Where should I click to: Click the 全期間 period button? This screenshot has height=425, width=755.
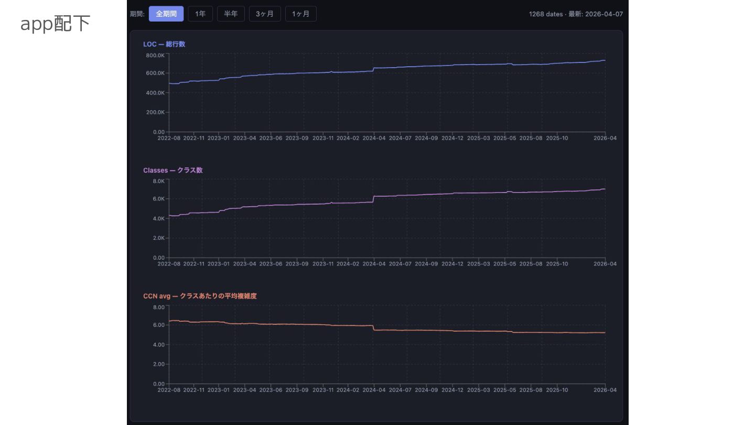pyautogui.click(x=166, y=14)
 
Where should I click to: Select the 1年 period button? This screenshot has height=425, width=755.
pyautogui.click(x=200, y=14)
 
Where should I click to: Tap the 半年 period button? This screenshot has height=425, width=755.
pyautogui.click(x=231, y=14)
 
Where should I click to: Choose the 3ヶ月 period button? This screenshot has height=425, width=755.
pyautogui.click(x=265, y=14)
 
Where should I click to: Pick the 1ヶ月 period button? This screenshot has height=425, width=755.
pyautogui.click(x=300, y=14)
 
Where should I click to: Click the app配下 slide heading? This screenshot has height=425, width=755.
pyautogui.click(x=55, y=24)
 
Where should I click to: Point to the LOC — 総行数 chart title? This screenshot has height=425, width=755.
pyautogui.click(x=164, y=44)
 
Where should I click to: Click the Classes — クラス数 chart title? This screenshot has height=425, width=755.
pyautogui.click(x=172, y=170)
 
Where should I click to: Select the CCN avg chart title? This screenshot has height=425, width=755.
pyautogui.click(x=200, y=296)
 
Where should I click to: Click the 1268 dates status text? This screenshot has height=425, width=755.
pyautogui.click(x=576, y=14)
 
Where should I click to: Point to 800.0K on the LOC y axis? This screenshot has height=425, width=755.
pyautogui.click(x=155, y=55)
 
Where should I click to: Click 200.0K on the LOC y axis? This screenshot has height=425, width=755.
pyautogui.click(x=155, y=112)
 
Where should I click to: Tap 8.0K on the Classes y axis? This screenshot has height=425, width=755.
pyautogui.click(x=158, y=181)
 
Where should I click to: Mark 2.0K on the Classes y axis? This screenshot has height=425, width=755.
pyautogui.click(x=158, y=238)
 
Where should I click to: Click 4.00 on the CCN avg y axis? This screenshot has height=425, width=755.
pyautogui.click(x=158, y=345)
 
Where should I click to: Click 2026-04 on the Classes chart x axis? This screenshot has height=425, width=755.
pyautogui.click(x=605, y=264)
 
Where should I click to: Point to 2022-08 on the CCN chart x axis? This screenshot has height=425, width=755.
pyautogui.click(x=169, y=390)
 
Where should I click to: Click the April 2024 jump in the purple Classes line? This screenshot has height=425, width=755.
pyautogui.click(x=373, y=199)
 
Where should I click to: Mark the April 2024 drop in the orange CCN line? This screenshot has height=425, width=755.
pyautogui.click(x=373, y=327)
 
